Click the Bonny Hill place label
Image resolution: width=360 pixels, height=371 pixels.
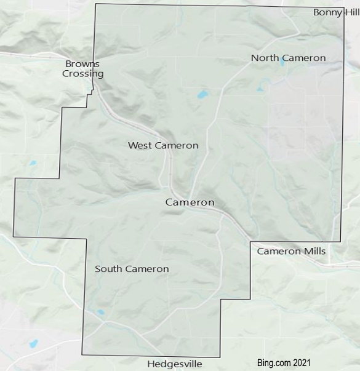(335, 12)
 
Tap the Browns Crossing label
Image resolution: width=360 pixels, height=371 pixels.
(82, 68)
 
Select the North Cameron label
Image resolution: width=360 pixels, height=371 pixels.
(288, 58)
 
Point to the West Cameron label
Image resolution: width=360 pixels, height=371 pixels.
(163, 145)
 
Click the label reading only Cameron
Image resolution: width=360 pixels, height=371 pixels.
(190, 202)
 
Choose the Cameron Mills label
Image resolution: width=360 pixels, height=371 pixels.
(291, 251)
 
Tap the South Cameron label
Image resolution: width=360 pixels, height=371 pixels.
(132, 269)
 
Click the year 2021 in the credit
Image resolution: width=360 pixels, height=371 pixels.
(302, 363)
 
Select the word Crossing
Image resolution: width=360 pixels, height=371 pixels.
(82, 74)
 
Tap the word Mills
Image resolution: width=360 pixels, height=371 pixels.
(313, 251)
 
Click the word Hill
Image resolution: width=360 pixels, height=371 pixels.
(351, 12)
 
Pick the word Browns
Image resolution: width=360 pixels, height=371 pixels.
(82, 63)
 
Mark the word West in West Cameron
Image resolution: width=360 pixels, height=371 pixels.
(140, 145)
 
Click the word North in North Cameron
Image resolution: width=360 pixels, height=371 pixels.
(265, 58)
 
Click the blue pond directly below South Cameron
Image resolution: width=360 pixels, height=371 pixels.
(101, 313)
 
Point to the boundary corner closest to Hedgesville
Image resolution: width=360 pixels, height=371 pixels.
(220, 357)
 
